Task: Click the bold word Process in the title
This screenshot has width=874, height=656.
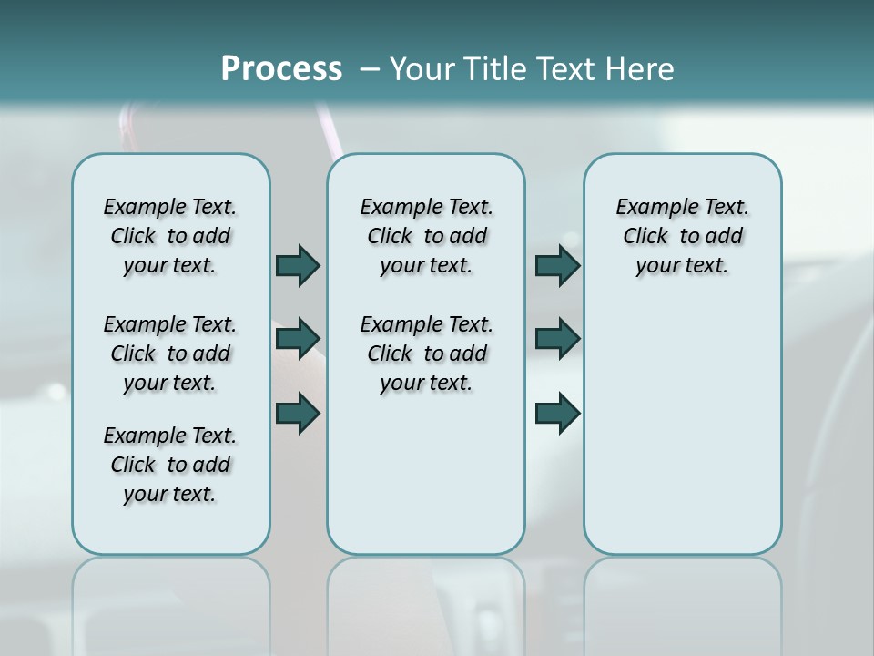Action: pyautogui.click(x=281, y=69)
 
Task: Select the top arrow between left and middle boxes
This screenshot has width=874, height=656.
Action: pyautogui.click(x=298, y=265)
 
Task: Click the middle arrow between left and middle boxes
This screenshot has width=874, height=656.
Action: pyautogui.click(x=298, y=339)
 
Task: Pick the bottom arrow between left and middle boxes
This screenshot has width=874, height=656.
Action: pyautogui.click(x=298, y=413)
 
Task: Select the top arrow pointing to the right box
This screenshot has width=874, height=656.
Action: pyautogui.click(x=557, y=265)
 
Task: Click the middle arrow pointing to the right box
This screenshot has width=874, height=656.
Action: pyautogui.click(x=557, y=339)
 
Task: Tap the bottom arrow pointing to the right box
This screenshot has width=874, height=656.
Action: pyautogui.click(x=557, y=413)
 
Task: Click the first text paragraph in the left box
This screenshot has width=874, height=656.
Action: pyautogui.click(x=170, y=236)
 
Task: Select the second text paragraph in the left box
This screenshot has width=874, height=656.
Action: pyautogui.click(x=170, y=354)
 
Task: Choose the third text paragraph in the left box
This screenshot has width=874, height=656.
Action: pyautogui.click(x=170, y=465)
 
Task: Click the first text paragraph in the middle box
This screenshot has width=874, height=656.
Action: pyautogui.click(x=426, y=236)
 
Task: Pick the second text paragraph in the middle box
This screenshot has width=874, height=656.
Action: pyautogui.click(x=426, y=354)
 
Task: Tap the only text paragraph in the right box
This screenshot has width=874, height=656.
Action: pyautogui.click(x=682, y=236)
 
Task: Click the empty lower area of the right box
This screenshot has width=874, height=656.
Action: pyautogui.click(x=682, y=428)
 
